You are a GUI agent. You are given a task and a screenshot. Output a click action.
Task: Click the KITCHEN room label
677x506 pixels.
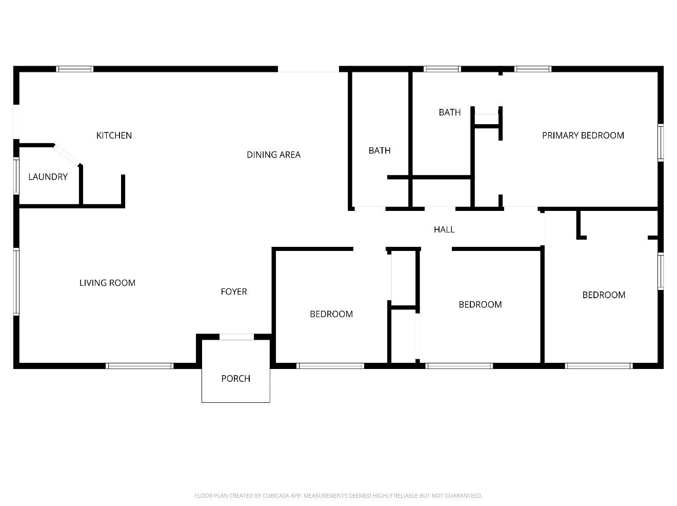(114, 135)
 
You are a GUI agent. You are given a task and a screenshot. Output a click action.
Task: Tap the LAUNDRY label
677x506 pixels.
(48, 177)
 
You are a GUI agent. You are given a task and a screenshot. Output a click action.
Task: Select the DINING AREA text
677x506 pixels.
(273, 154)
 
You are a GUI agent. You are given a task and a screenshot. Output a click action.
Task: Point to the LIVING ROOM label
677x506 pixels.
(107, 283)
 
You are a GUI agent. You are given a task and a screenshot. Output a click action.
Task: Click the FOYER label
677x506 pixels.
(234, 291)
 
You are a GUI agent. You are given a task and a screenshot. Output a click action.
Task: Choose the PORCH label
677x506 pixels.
(235, 379)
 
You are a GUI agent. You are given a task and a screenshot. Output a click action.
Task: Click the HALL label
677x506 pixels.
(444, 229)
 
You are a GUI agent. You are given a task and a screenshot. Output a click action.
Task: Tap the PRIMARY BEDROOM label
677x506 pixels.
(583, 135)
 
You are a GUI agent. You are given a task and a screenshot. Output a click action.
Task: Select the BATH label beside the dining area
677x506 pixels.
(380, 150)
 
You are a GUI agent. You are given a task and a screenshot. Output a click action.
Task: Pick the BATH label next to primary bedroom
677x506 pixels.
(450, 112)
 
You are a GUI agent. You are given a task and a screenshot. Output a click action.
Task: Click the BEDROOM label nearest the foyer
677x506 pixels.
(331, 314)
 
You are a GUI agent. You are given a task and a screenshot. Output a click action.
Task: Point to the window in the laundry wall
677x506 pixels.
(16, 176)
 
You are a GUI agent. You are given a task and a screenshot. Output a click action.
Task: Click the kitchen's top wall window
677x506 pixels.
(74, 69)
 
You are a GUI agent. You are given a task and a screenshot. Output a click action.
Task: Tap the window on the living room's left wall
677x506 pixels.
(16, 282)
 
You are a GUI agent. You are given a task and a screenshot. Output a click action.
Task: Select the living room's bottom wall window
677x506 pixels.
(140, 366)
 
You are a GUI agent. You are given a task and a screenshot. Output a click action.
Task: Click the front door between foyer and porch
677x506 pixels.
(236, 337)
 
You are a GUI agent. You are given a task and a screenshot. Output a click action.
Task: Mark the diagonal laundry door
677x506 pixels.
(67, 155)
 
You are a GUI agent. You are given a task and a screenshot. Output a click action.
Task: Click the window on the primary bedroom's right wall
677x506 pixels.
(661, 143)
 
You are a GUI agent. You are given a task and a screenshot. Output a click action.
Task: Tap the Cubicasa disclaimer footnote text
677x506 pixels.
(338, 496)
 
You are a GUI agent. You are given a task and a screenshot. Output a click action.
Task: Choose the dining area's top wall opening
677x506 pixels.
(308, 69)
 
